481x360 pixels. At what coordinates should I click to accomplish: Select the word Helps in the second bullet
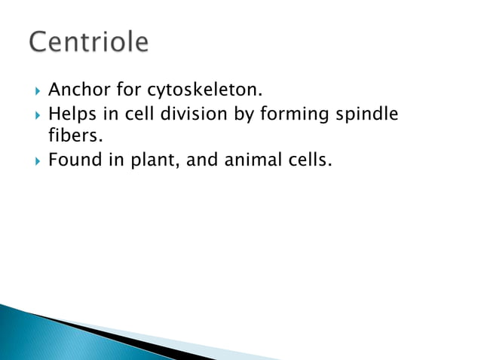pos(71,114)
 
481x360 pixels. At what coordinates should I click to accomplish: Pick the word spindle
pos(370,114)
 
